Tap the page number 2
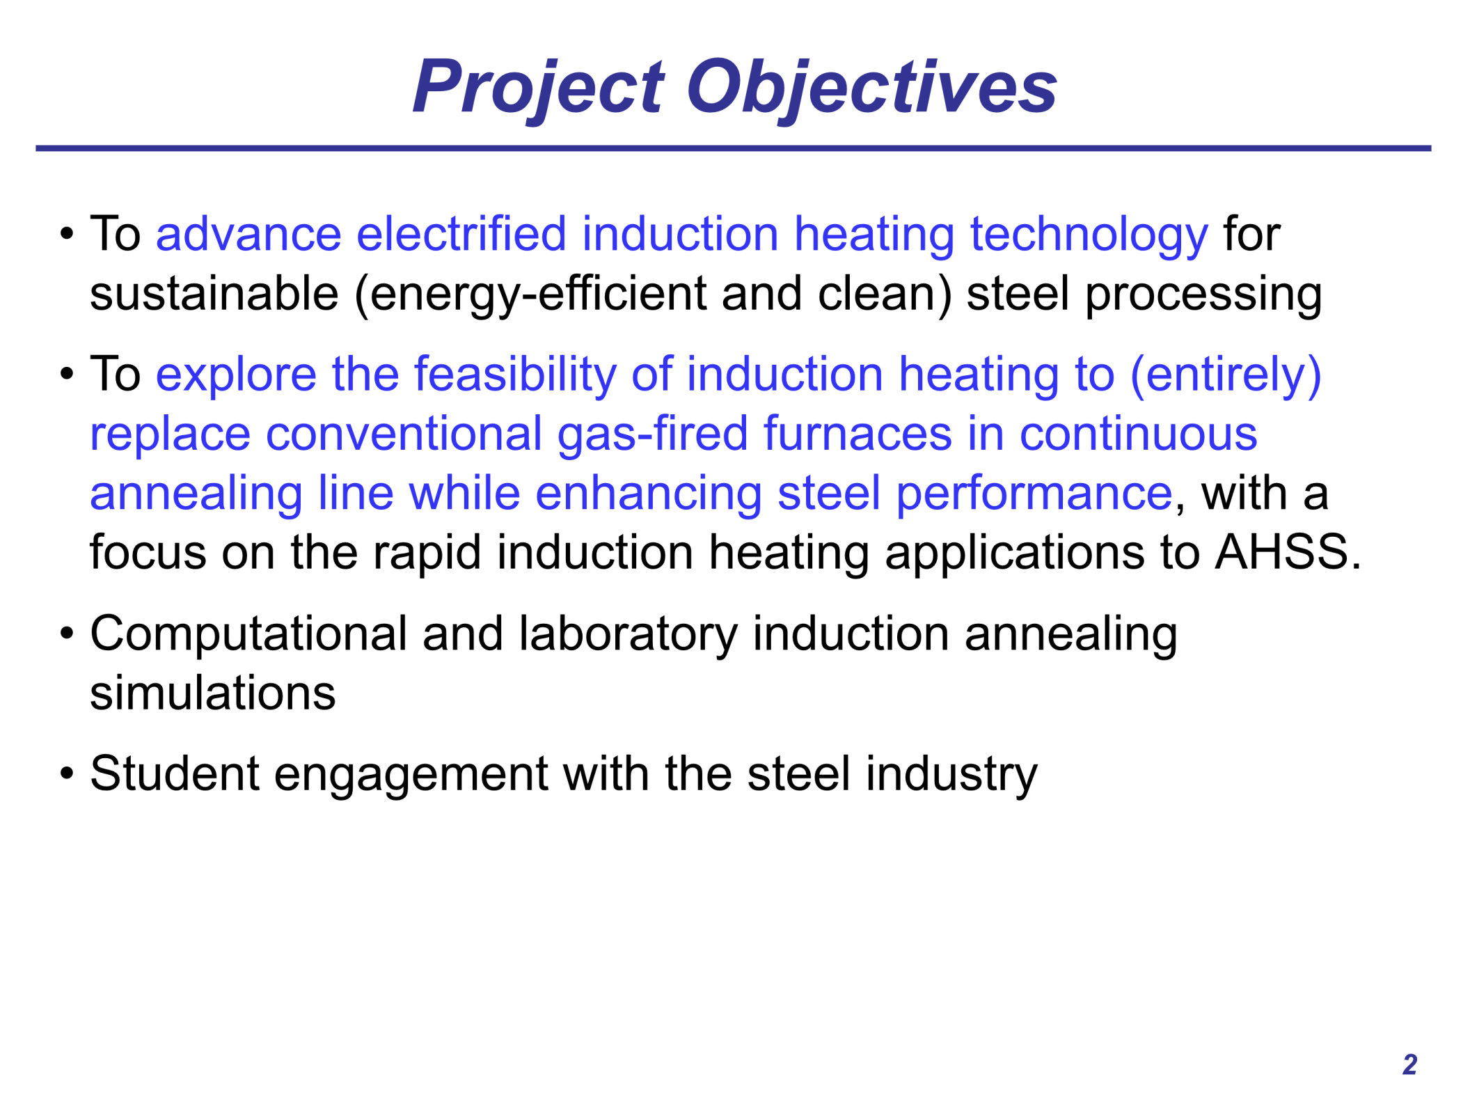point(1409,1064)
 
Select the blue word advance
point(248,234)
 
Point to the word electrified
point(461,234)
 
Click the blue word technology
point(1089,235)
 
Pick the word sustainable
point(214,293)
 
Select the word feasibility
point(515,375)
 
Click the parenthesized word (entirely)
point(1225,375)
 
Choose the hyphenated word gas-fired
point(652,434)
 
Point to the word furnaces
point(857,434)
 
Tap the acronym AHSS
point(1281,552)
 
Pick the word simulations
point(213,693)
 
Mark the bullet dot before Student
point(67,773)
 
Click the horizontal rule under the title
point(734,148)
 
